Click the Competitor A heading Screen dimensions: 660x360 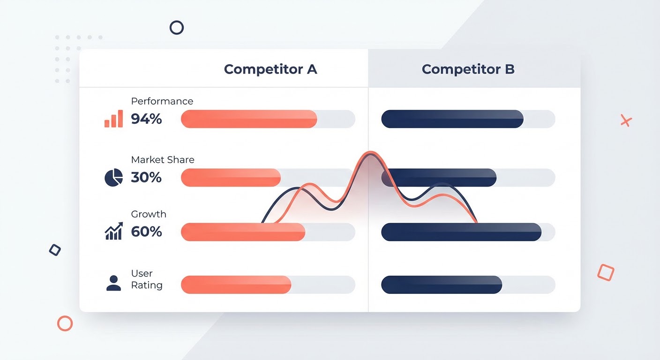click(270, 69)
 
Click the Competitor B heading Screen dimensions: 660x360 click(468, 69)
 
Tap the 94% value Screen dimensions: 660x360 click(146, 119)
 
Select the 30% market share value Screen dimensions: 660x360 click(146, 177)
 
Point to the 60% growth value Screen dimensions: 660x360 click(146, 232)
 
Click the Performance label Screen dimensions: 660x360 click(162, 101)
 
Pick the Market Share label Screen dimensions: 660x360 click(163, 160)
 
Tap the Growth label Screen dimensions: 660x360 click(149, 214)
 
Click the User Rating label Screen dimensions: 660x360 click(147, 279)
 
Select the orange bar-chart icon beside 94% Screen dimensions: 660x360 click(114, 119)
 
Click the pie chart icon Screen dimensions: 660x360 click(114, 177)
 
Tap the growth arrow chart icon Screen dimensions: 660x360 click(114, 231)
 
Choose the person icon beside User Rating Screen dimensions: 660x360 click(114, 283)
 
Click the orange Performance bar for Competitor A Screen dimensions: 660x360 click(249, 119)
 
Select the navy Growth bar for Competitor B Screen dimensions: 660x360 click(461, 232)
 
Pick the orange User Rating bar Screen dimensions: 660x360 click(236, 285)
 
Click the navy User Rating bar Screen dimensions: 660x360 click(442, 285)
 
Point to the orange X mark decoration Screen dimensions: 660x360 click(626, 120)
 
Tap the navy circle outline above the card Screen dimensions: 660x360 click(177, 28)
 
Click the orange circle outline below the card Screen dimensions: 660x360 click(65, 323)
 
